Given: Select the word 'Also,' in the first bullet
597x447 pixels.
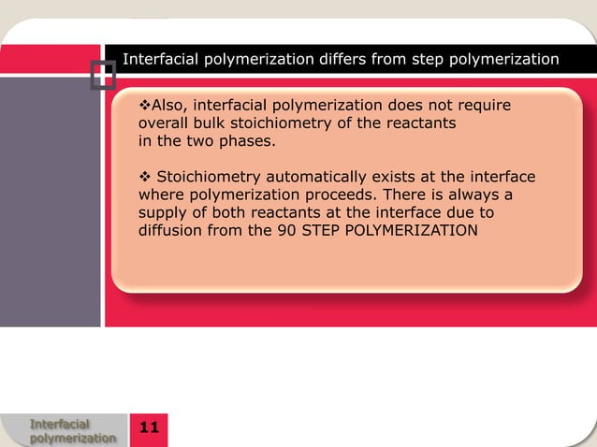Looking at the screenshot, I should click(169, 106).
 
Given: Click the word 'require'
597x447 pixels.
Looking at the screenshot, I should click(483, 106).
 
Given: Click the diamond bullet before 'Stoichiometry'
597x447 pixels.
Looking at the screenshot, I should click(144, 177).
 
